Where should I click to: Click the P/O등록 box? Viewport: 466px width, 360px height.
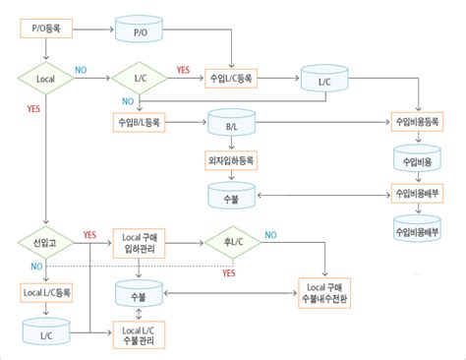tap(47, 30)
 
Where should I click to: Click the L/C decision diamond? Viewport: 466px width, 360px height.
tap(142, 77)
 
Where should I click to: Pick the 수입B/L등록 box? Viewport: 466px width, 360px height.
tap(144, 123)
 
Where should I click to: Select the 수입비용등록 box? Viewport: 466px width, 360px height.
tap(420, 123)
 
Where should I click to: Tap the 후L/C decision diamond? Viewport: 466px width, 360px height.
tap(232, 241)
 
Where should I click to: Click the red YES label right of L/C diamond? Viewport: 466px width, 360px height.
tap(182, 70)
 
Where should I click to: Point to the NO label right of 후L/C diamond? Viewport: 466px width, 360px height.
tap(269, 234)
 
